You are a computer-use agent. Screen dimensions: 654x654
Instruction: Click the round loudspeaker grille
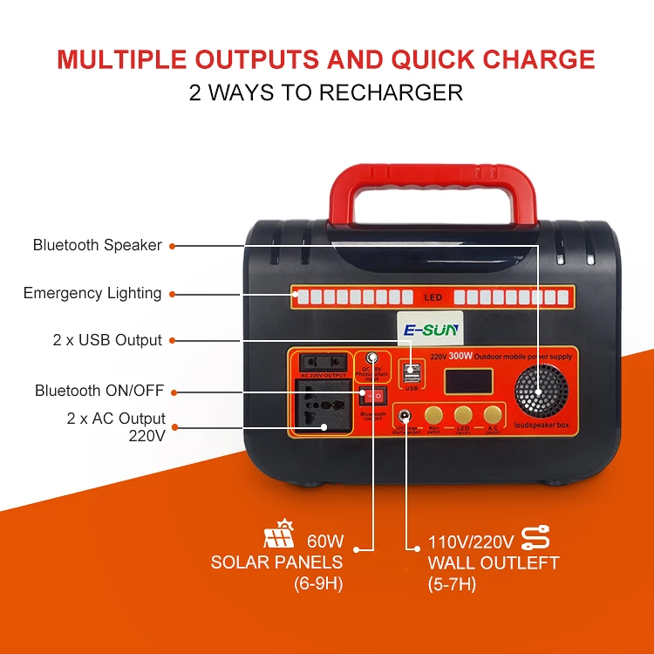coord(538,396)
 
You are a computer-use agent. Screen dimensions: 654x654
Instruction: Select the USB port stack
coord(412,374)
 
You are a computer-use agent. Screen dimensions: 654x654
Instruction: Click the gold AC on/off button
coord(494,415)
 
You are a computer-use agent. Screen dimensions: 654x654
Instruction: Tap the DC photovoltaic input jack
coord(372,358)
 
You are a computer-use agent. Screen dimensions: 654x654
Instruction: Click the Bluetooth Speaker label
coord(98,245)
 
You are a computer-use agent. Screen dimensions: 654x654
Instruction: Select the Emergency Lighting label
coord(92,293)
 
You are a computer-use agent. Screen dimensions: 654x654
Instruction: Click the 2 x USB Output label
coord(107,340)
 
